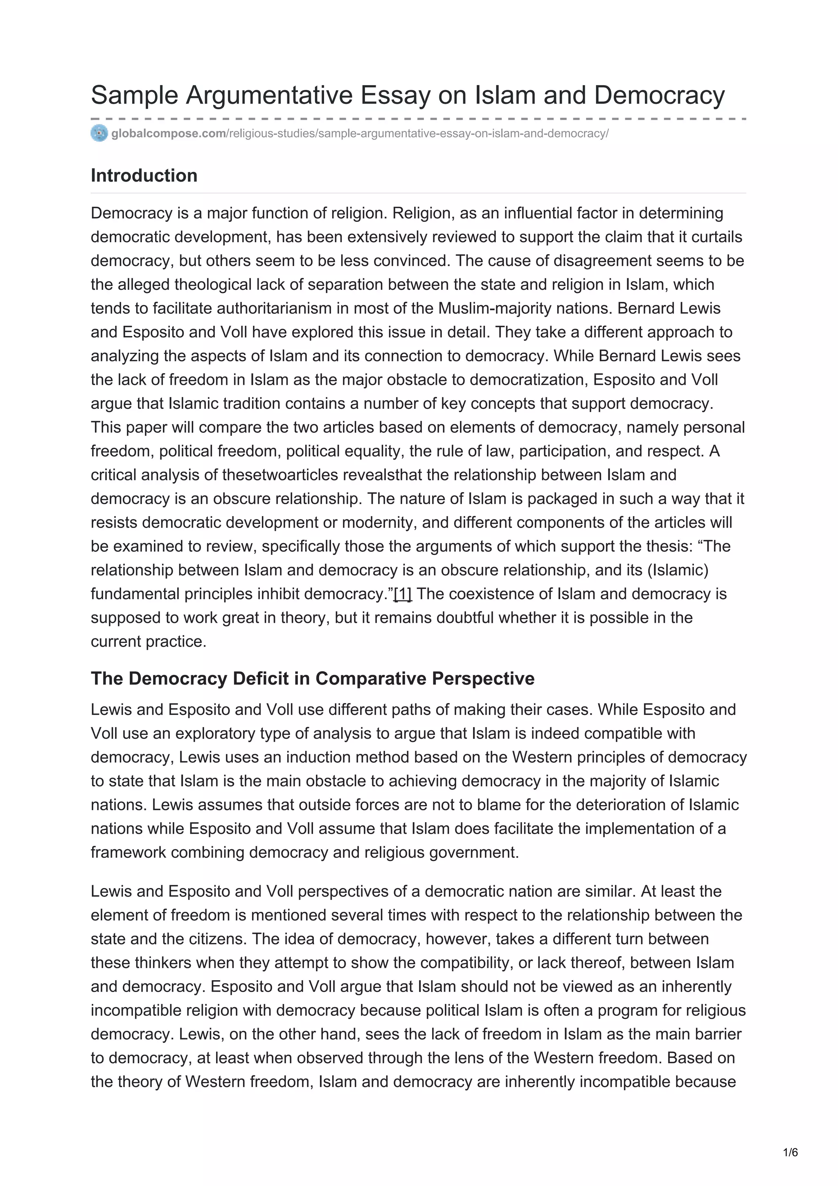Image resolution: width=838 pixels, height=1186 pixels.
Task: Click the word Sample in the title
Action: click(x=134, y=96)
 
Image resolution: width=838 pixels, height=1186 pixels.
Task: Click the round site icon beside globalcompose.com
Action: click(x=99, y=133)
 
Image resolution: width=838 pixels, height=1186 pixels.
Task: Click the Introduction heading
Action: click(x=144, y=176)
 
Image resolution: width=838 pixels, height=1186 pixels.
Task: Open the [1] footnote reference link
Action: click(x=403, y=594)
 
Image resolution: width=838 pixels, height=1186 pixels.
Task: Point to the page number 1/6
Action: click(x=791, y=1152)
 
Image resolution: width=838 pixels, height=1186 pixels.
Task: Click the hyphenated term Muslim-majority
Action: click(x=495, y=309)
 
